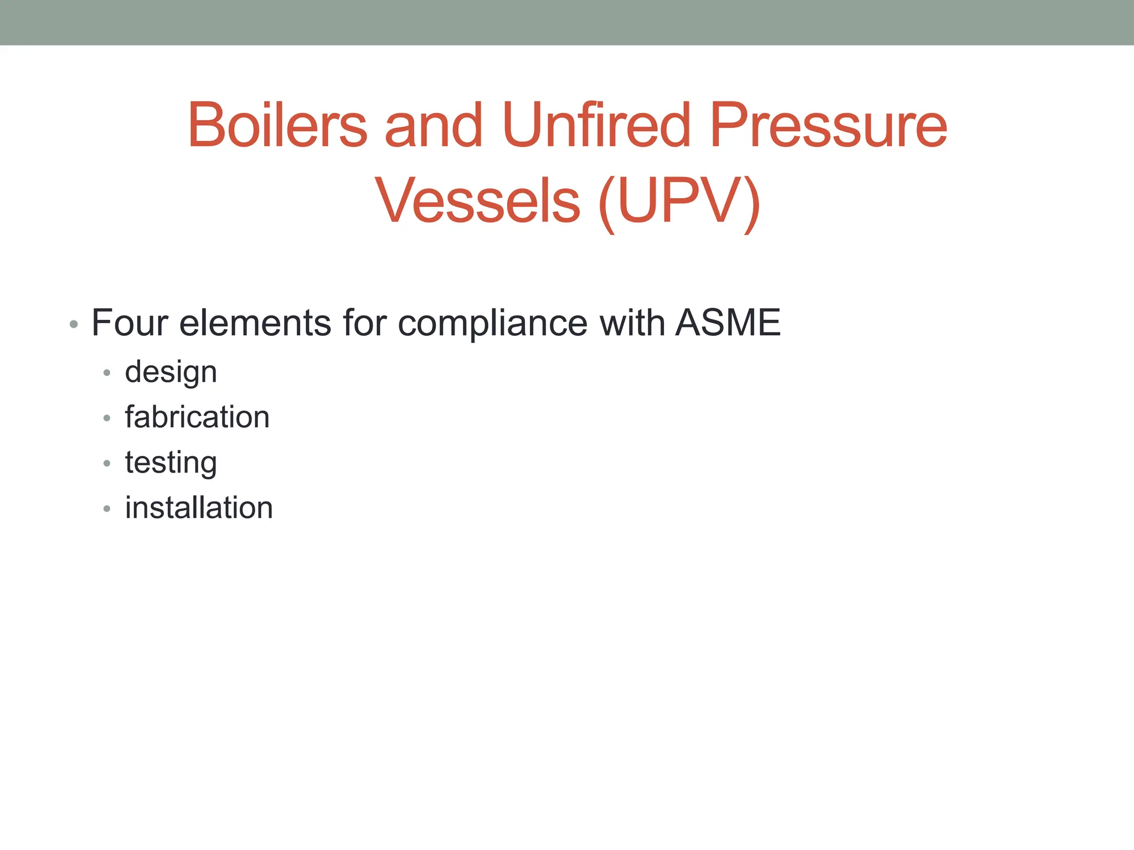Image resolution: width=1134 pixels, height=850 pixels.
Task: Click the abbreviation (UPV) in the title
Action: tap(679, 201)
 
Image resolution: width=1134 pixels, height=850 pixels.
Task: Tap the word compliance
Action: tap(493, 324)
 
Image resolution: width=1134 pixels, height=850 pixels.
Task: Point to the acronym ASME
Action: tap(728, 323)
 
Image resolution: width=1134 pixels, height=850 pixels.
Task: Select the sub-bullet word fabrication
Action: tap(197, 417)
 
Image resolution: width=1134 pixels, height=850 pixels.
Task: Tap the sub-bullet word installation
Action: tap(199, 508)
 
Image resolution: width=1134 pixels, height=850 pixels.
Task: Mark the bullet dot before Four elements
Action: tap(74, 324)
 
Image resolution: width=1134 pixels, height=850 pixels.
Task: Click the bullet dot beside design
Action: tap(107, 373)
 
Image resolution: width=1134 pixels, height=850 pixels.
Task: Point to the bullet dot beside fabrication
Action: tap(107, 418)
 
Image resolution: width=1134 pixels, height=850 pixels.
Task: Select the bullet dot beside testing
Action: tap(107, 464)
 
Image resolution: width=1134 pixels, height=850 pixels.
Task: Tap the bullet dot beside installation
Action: tap(107, 509)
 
